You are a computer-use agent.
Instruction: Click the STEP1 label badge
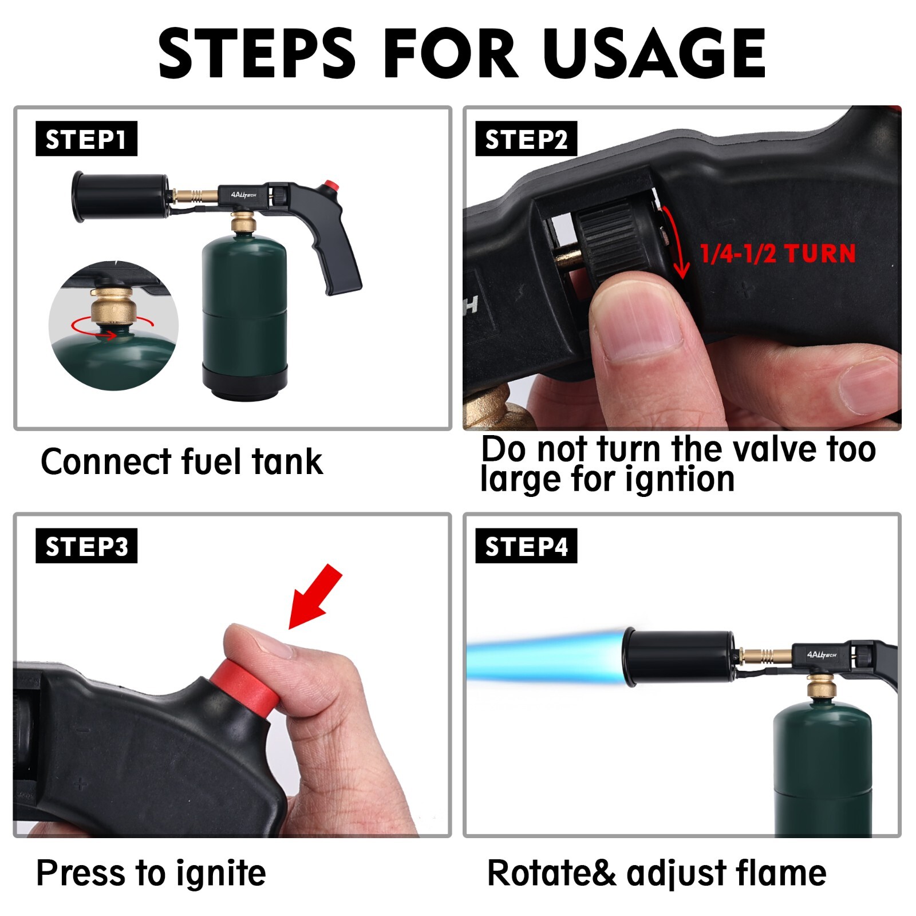[x=86, y=139]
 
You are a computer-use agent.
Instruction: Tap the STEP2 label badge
[x=526, y=139]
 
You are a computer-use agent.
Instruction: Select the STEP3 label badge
[x=86, y=546]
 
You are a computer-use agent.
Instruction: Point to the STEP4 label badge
[x=526, y=546]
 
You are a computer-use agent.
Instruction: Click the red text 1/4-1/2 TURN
[x=777, y=253]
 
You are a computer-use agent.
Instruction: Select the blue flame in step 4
[x=544, y=658]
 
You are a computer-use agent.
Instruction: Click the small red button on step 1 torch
[x=329, y=187]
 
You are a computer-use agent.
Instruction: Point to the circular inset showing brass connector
[x=113, y=325]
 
